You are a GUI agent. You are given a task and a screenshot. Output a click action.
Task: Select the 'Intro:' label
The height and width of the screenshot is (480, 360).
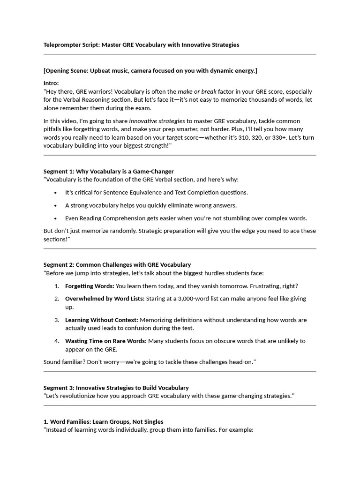point(51,83)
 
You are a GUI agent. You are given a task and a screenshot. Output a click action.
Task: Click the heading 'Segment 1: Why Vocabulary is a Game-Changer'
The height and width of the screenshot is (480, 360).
point(108,171)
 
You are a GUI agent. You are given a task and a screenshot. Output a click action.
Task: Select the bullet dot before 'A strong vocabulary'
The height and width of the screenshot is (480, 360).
point(56,205)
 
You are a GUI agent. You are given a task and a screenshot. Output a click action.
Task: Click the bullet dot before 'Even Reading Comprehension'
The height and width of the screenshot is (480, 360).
point(56,218)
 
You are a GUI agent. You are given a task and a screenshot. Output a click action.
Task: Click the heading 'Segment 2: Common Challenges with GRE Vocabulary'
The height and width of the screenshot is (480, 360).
point(117,264)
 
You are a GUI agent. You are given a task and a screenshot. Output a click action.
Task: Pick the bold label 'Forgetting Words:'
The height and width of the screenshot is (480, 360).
point(90,286)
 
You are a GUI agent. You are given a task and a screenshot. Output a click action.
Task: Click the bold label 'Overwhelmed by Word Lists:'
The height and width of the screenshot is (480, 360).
point(105,299)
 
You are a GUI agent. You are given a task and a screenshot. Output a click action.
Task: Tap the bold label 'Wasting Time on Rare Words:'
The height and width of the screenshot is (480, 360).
point(105,341)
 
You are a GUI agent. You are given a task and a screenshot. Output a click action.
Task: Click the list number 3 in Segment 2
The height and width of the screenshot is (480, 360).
point(56,320)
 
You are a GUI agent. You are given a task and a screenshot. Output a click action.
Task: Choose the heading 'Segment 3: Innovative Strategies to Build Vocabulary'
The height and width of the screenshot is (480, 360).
point(116,388)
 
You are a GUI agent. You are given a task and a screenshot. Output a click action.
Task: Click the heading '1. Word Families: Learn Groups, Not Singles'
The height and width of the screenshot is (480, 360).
point(103,421)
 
